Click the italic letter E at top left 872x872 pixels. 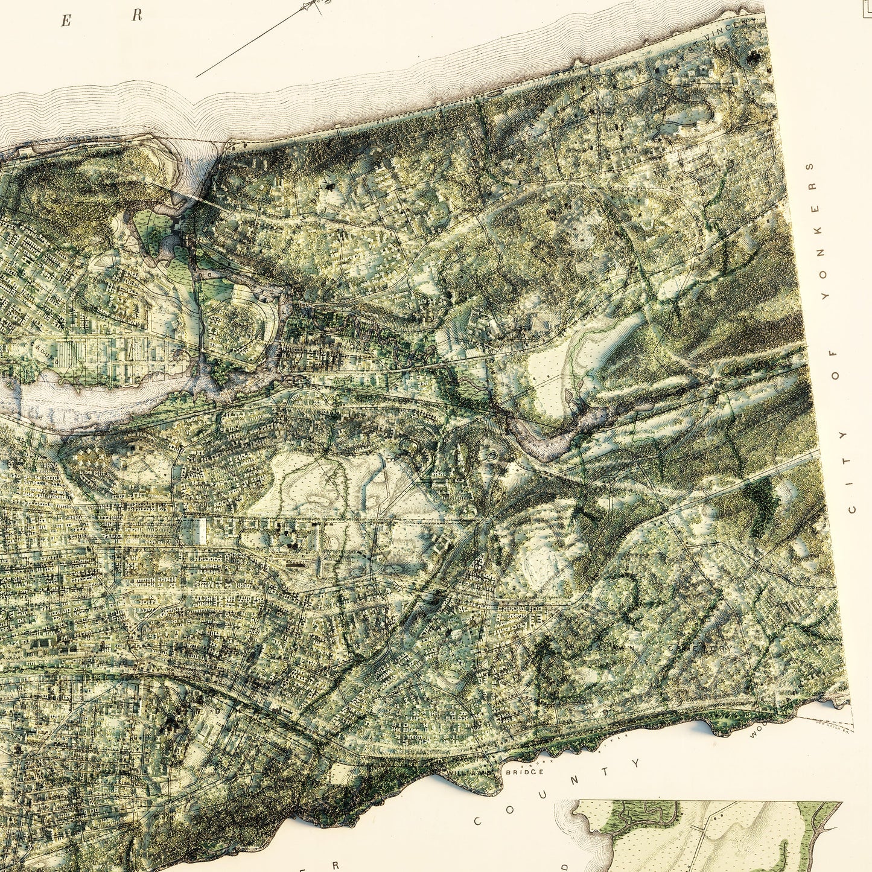[x=66, y=22]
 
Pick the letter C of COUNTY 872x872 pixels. [x=478, y=821]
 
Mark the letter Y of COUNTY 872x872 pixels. [x=636, y=763]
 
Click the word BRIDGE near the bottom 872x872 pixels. [x=524, y=772]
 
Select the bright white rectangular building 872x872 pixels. [x=202, y=530]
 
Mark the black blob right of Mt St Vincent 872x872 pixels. [x=754, y=57]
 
